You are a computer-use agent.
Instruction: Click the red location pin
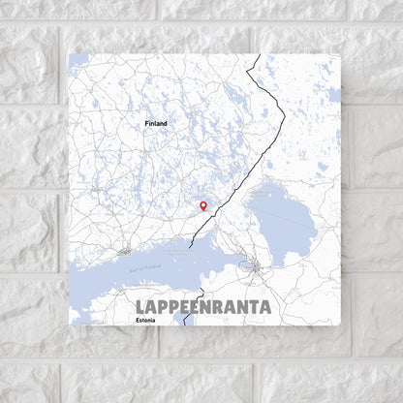tap(202, 204)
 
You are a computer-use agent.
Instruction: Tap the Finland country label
tap(155, 124)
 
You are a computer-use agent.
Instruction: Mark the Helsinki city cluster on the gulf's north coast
tap(125, 251)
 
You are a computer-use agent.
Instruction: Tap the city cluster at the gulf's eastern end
tap(254, 264)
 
